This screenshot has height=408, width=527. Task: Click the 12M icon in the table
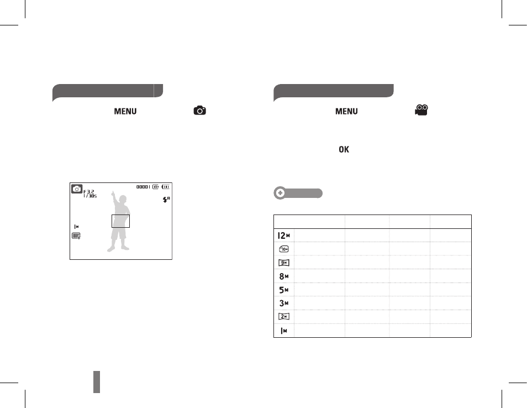pyautogui.click(x=284, y=236)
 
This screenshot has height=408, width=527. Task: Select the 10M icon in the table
pyautogui.click(x=284, y=249)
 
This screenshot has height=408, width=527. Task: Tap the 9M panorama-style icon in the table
pyautogui.click(x=284, y=263)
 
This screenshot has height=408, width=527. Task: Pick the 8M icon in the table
pyautogui.click(x=284, y=276)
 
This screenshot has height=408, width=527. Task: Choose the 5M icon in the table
pyautogui.click(x=284, y=290)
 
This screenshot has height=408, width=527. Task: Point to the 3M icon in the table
pyautogui.click(x=284, y=304)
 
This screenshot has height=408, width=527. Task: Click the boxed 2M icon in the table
pyautogui.click(x=284, y=317)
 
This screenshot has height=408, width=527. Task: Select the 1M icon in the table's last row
pyautogui.click(x=284, y=331)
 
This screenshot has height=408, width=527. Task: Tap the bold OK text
pyautogui.click(x=344, y=149)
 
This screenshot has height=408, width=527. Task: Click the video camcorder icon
pyautogui.click(x=421, y=111)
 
